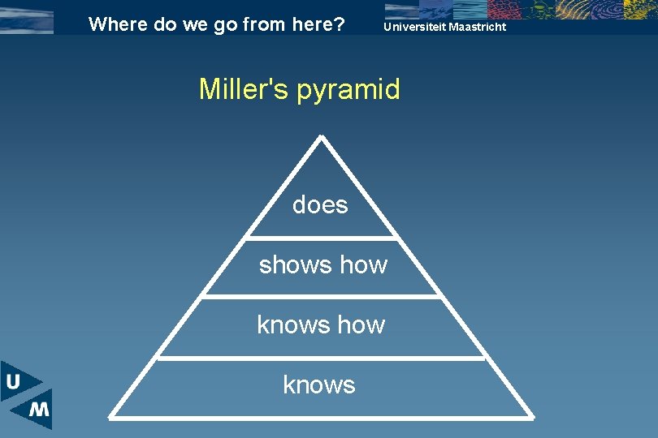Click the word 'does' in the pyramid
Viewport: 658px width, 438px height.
320,205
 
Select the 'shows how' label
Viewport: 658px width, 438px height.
323,265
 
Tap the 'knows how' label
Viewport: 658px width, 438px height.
321,324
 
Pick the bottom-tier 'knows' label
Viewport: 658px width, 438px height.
319,384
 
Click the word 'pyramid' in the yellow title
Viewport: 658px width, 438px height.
348,89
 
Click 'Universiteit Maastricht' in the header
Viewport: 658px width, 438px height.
444,27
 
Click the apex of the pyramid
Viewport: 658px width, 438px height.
322,137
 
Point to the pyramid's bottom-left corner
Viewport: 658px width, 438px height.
110,417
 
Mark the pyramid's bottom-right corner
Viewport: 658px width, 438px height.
532,417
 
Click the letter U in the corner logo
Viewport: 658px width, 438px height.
14,382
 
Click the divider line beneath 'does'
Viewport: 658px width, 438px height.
322,238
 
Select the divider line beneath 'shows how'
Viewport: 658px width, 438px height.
322,297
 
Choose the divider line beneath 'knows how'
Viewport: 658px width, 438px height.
322,357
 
